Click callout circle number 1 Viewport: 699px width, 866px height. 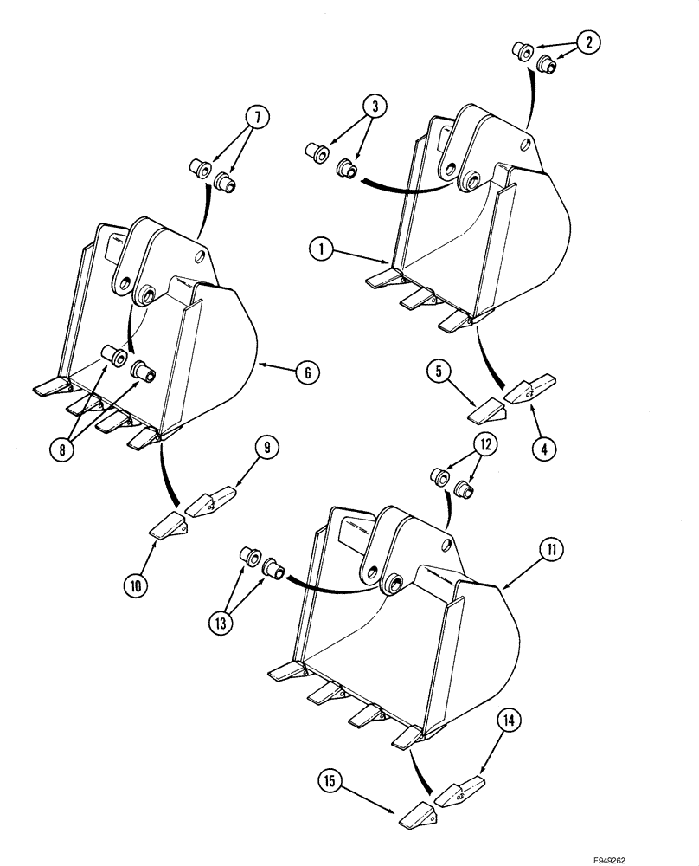[320, 249]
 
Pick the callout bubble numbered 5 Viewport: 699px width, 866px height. [438, 372]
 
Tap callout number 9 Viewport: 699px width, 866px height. [267, 447]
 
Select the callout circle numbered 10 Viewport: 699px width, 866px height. [135, 586]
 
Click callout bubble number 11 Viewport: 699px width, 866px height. [551, 549]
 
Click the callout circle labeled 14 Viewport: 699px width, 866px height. [510, 718]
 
